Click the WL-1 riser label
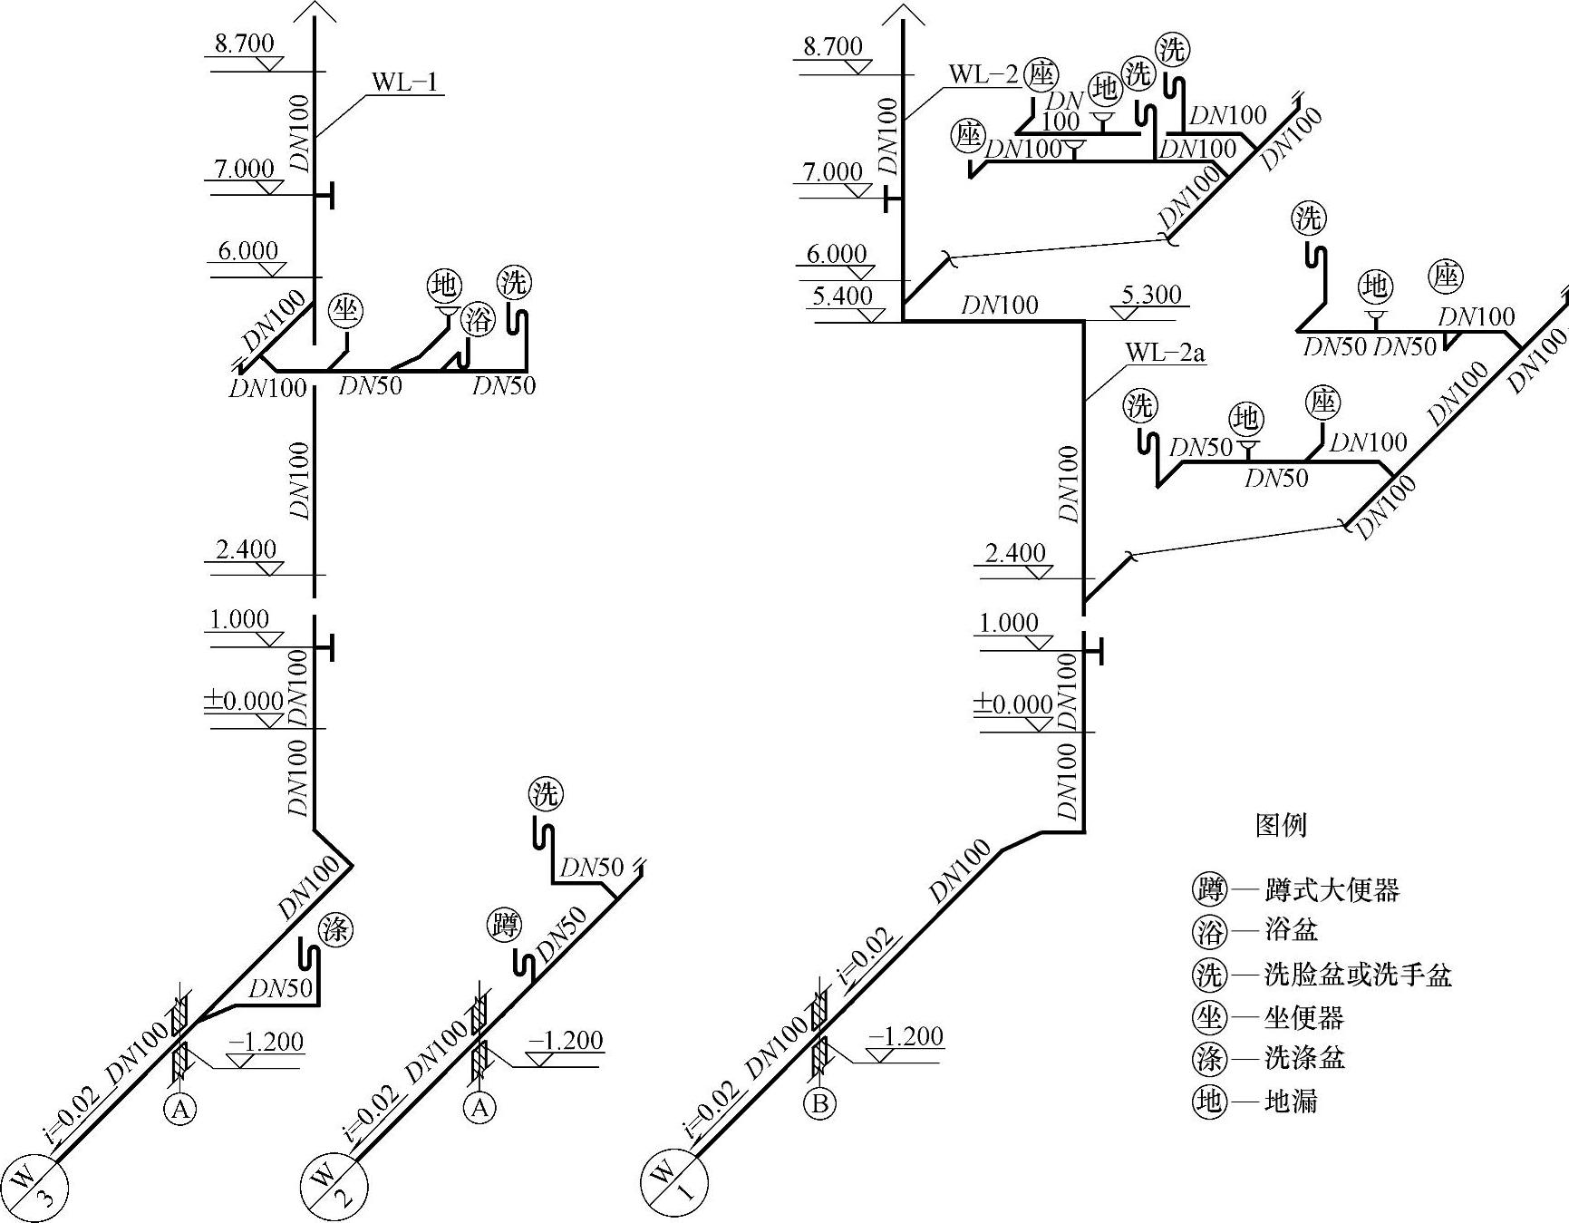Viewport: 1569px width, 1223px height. (404, 83)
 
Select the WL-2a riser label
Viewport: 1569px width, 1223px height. (1165, 352)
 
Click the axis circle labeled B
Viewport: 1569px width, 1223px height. (820, 1103)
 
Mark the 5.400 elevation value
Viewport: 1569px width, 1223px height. (843, 296)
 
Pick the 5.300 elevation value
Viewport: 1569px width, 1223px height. (1151, 295)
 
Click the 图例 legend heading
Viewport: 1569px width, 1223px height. (1281, 825)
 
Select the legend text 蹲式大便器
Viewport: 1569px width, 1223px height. (1332, 890)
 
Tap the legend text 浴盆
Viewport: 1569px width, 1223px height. (1291, 930)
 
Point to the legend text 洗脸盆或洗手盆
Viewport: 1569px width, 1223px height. (1358, 975)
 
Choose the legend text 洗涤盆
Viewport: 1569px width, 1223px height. (1304, 1057)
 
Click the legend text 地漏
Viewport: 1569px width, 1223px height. (1291, 1101)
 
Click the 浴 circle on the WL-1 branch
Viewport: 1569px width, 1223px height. (477, 319)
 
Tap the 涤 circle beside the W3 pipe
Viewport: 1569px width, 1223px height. (335, 930)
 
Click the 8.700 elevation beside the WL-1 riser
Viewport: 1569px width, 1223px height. (244, 44)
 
